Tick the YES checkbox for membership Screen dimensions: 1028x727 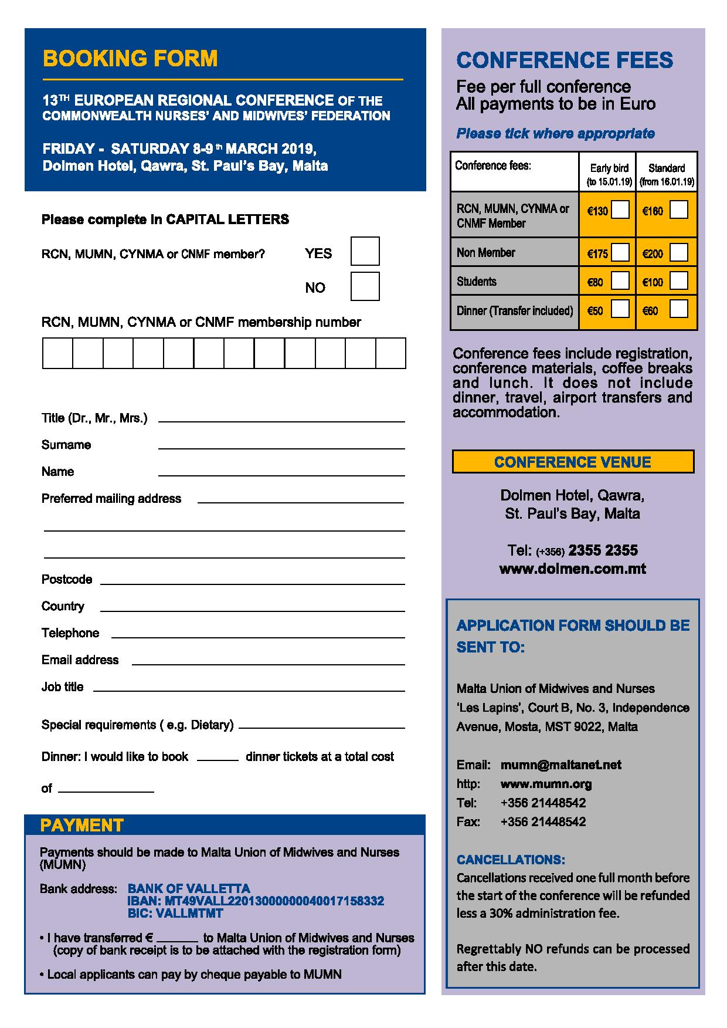pyautogui.click(x=365, y=251)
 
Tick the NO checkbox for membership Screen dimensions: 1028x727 pyautogui.click(x=365, y=286)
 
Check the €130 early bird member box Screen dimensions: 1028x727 pyautogui.click(x=620, y=209)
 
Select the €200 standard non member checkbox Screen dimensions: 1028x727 pyautogui.click(x=678, y=252)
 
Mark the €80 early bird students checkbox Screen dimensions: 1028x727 pyautogui.click(x=620, y=280)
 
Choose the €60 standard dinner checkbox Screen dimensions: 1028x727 pyautogui.click(x=678, y=309)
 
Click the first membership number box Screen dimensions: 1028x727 pyautogui.click(x=57, y=353)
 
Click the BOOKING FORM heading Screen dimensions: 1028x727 pyautogui.click(x=130, y=59)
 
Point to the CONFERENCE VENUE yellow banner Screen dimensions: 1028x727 pyautogui.click(x=573, y=462)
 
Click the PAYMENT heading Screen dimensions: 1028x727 pyautogui.click(x=81, y=826)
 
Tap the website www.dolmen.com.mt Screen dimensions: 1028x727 pyautogui.click(x=572, y=569)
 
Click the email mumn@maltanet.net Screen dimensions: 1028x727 pyautogui.click(x=560, y=765)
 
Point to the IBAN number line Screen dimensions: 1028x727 pyautogui.click(x=256, y=901)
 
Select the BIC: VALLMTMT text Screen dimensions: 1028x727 pyautogui.click(x=175, y=913)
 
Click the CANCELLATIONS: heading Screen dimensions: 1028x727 pyautogui.click(x=511, y=860)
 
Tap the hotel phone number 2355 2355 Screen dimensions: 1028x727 pyautogui.click(x=603, y=550)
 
